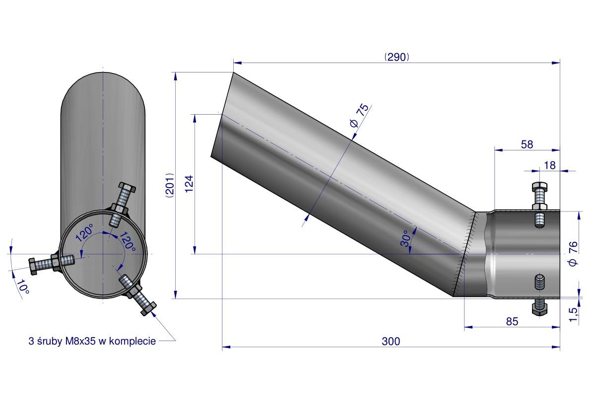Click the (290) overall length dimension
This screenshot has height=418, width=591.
click(396, 57)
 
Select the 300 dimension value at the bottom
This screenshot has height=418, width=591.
click(391, 341)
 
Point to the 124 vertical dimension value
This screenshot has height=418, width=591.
click(189, 184)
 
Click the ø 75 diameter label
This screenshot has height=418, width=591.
click(359, 115)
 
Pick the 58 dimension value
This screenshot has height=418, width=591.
click(527, 144)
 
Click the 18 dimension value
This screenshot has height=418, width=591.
click(550, 165)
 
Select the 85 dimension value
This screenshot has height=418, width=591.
click(512, 321)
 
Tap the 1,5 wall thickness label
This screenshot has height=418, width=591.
click(573, 314)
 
